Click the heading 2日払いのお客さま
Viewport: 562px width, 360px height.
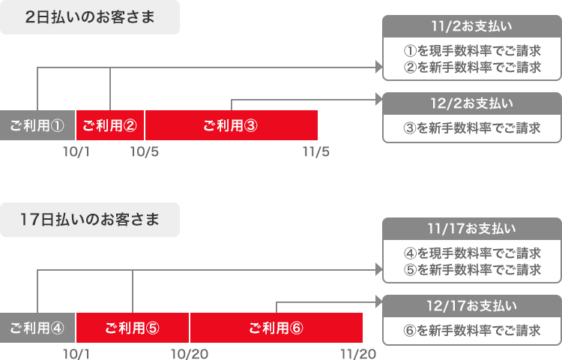click(x=90, y=17)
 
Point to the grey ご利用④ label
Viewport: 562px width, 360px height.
click(x=37, y=328)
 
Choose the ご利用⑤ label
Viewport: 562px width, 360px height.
click(x=132, y=328)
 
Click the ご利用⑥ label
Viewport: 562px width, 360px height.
click(x=276, y=328)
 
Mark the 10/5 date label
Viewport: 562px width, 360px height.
click(x=145, y=152)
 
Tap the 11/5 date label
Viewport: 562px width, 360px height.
click(x=316, y=152)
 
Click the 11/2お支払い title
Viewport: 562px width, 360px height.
click(x=472, y=27)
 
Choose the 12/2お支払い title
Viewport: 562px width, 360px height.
click(x=472, y=103)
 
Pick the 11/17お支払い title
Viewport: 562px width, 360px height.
click(x=472, y=228)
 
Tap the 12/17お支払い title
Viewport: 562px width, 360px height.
click(x=472, y=305)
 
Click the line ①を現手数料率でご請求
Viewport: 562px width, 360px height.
click(x=472, y=52)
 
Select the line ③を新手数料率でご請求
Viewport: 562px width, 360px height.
click(x=472, y=127)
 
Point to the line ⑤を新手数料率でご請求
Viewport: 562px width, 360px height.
click(x=472, y=270)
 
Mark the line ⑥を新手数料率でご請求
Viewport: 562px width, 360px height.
click(x=472, y=330)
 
